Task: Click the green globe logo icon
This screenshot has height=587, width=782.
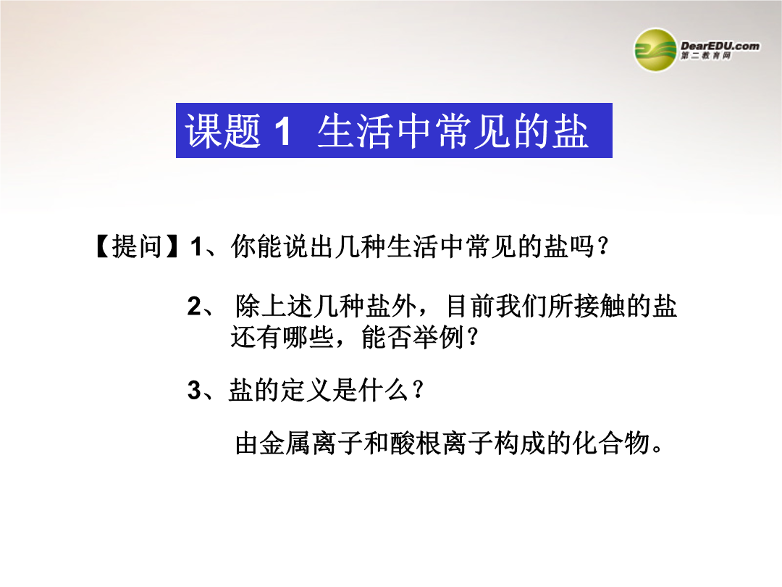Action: [655, 50]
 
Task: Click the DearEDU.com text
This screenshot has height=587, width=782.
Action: [720, 46]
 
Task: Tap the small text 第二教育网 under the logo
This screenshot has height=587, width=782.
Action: [706, 56]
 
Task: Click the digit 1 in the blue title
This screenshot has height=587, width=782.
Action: [282, 132]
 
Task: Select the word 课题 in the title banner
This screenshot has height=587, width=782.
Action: [223, 131]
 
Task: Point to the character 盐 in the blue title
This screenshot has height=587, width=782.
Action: [570, 131]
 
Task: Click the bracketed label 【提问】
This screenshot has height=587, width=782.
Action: [137, 246]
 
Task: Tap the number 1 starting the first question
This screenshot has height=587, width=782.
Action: [196, 247]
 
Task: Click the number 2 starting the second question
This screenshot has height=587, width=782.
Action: [195, 306]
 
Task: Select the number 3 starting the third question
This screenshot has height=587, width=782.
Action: [195, 391]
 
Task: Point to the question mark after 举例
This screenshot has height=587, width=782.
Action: [472, 338]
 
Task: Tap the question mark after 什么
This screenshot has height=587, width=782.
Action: [418, 389]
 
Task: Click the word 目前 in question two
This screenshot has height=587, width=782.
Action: [471, 306]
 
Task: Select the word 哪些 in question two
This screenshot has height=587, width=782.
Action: [308, 338]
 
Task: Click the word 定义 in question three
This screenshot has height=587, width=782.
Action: [307, 390]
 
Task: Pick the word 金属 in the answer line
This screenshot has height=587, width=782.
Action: [286, 444]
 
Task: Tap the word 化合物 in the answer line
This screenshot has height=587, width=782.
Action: [611, 444]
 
